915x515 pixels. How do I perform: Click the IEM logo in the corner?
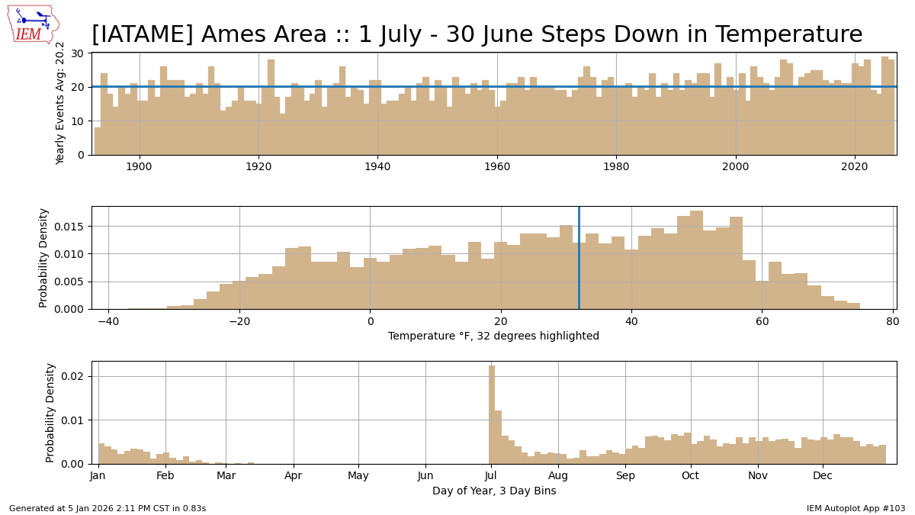click(32, 24)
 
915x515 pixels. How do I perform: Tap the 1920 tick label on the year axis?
click(258, 166)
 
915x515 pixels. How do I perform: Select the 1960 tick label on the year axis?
click(497, 166)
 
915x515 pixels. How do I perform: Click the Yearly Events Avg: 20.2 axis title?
click(61, 103)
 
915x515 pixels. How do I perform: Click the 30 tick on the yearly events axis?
click(78, 53)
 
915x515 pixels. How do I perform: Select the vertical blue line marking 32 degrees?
click(579, 258)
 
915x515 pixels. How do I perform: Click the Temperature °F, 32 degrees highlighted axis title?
click(493, 336)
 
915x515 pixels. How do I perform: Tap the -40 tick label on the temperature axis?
click(108, 321)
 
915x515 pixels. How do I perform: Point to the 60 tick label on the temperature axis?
click(762, 321)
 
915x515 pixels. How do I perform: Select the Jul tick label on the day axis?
click(491, 476)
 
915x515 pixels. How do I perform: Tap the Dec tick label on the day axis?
click(823, 476)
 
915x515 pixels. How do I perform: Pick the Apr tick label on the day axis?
click(294, 476)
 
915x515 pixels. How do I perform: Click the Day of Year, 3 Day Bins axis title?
click(493, 491)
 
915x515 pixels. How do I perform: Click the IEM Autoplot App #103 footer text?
click(856, 508)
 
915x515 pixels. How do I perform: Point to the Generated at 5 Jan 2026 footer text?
click(108, 508)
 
